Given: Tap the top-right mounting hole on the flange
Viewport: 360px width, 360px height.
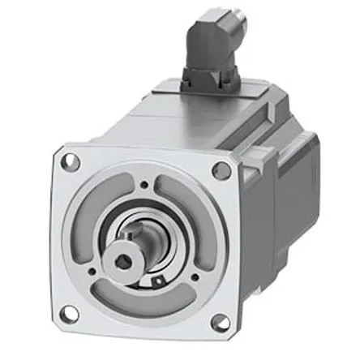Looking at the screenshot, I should (221, 170).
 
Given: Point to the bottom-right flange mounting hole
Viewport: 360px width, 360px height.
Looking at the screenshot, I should (220, 323).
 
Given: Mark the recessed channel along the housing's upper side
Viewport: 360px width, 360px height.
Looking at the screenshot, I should (243, 130).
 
